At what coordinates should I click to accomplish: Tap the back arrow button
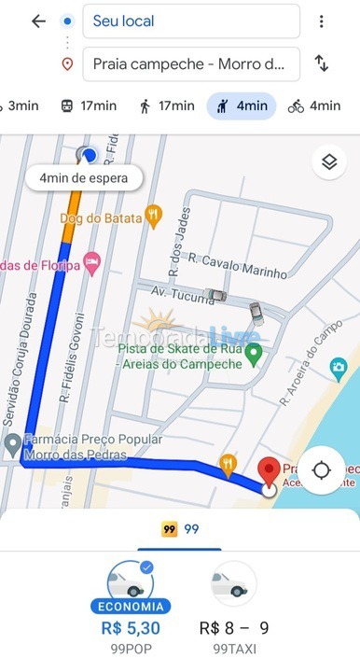click(38, 21)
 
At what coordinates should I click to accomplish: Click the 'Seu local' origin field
click(191, 21)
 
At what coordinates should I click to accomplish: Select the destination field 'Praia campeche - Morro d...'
click(191, 64)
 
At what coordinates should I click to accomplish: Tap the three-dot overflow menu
click(321, 21)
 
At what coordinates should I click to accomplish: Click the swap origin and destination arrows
click(321, 63)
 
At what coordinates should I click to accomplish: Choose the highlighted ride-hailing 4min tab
click(241, 105)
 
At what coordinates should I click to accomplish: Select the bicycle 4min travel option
click(314, 105)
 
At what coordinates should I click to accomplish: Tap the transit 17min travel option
click(91, 105)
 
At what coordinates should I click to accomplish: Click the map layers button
click(328, 162)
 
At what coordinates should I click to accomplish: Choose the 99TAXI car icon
click(233, 584)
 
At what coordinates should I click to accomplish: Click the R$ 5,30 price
click(130, 628)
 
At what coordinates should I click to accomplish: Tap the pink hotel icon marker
click(91, 262)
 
